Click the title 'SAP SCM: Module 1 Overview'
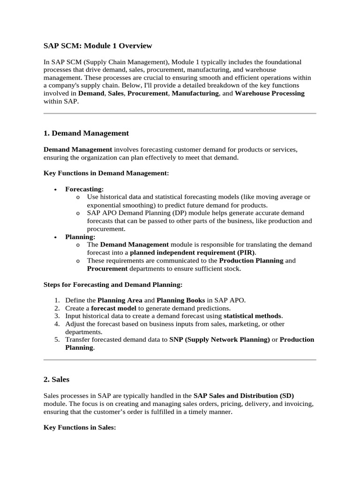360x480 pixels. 97,45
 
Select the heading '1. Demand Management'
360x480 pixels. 86,133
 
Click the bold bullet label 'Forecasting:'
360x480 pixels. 84,189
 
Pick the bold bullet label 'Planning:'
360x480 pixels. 80,237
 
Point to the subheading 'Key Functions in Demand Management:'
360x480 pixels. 106,173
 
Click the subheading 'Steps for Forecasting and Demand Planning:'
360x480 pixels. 113,284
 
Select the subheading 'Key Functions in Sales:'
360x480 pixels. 79,427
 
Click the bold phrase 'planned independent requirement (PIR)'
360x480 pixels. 193,253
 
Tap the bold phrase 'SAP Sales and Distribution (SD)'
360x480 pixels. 243,396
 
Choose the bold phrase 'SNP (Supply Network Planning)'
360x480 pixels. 219,339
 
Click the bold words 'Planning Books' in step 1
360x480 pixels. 179,300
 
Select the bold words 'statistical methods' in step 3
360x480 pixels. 253,316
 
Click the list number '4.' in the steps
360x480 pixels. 56,324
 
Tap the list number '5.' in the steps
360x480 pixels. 56,339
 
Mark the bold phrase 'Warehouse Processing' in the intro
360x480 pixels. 270,93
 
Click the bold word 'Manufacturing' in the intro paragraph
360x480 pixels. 196,93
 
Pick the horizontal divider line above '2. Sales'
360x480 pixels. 180,360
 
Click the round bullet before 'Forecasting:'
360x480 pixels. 56,189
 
